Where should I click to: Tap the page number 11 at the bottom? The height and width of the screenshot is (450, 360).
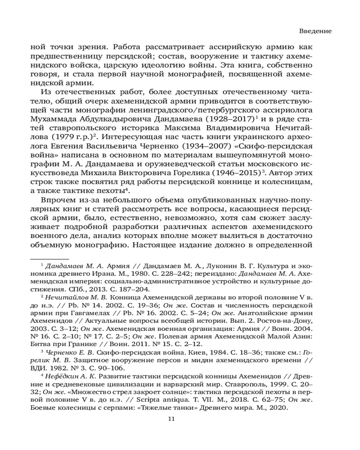click(x=171, y=418)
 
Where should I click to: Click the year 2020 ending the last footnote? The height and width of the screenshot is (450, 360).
click(x=279, y=409)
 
